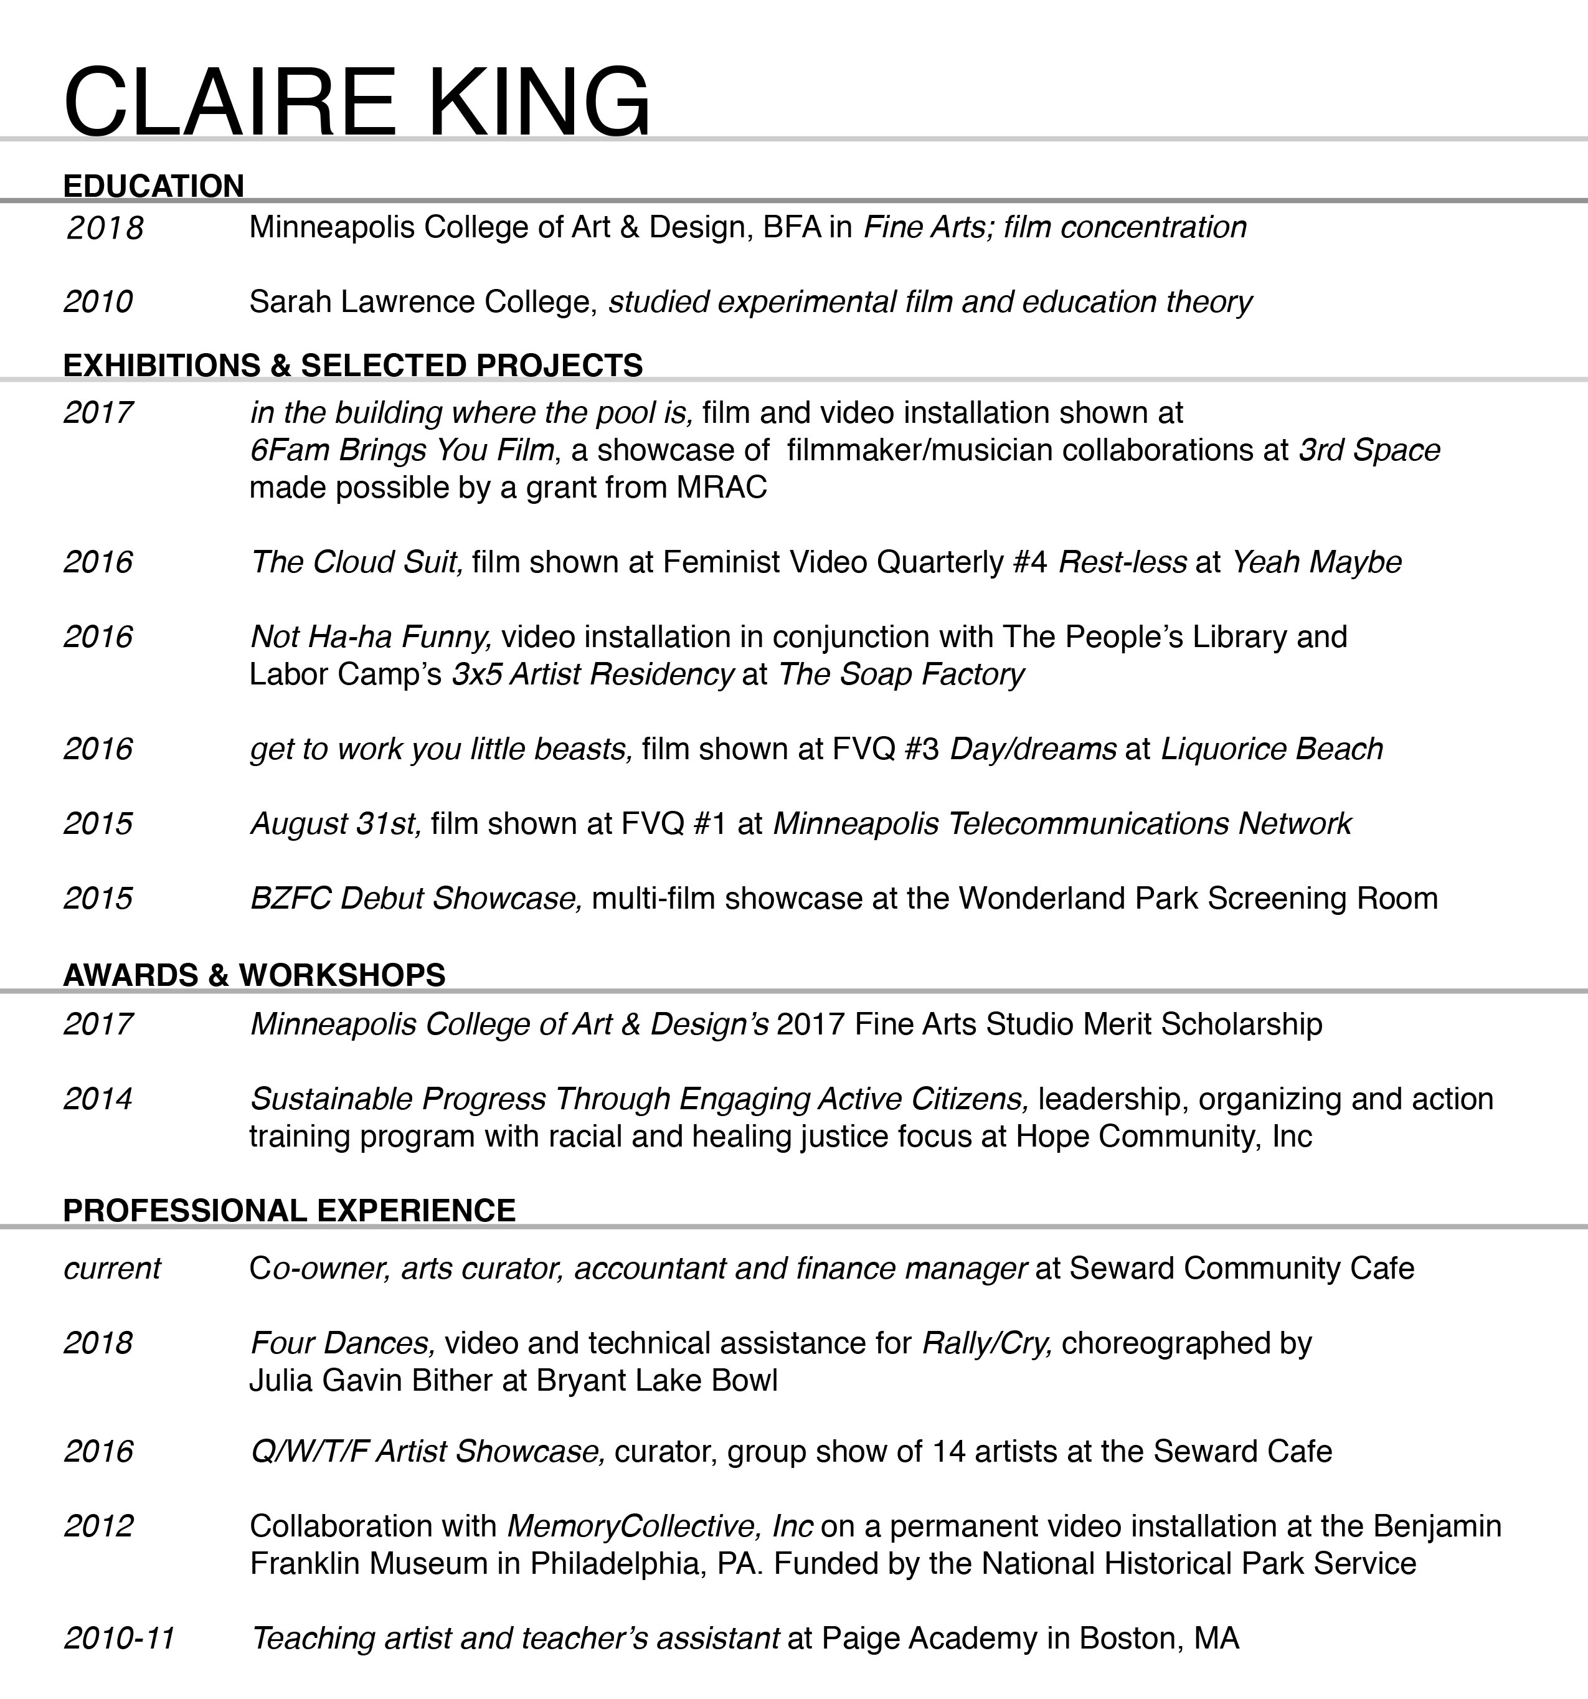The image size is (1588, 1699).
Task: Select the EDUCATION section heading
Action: click(154, 186)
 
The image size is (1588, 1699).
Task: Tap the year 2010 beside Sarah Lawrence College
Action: click(98, 301)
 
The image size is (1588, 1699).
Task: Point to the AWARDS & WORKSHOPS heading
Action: click(254, 974)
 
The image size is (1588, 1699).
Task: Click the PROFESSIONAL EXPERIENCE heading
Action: click(289, 1210)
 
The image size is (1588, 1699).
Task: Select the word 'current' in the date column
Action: click(112, 1268)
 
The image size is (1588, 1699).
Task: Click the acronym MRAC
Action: click(721, 487)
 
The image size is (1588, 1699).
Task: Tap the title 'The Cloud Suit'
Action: click(356, 562)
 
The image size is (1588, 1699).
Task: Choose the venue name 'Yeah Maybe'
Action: click(1316, 562)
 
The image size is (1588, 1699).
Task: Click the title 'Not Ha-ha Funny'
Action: click(369, 637)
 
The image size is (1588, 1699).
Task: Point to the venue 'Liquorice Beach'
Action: click(1271, 749)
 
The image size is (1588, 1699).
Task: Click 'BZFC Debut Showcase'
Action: click(415, 898)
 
